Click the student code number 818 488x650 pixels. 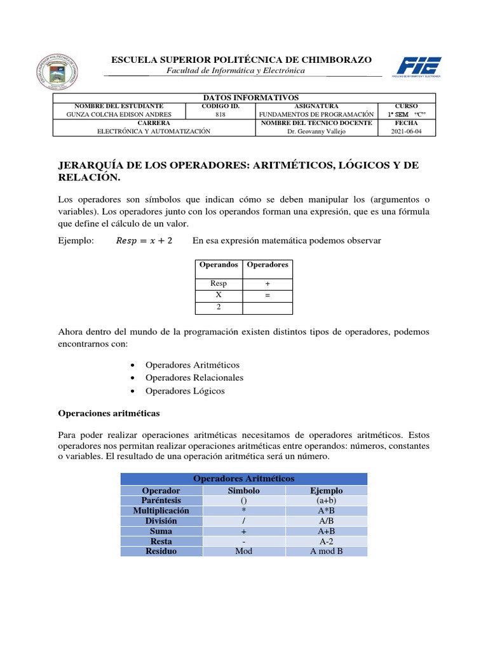pos(220,114)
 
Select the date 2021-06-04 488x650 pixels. pos(406,131)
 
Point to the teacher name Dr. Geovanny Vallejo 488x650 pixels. pos(317,131)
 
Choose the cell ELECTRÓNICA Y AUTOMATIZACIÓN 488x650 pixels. pos(153,131)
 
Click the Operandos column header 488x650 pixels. pos(219,264)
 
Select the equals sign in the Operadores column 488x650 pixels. pos(268,296)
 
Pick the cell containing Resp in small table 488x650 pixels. pos(219,284)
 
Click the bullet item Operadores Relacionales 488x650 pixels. pos(194,378)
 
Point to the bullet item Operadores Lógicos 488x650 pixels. pos(185,391)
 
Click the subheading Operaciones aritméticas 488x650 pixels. pos(109,413)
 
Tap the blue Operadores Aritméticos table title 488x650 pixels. pos(243,479)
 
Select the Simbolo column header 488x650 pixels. pos(243,491)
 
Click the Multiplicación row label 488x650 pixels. pos(161,511)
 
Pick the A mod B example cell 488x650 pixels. pos(326,551)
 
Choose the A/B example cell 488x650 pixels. pos(326,521)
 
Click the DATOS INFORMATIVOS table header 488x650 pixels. pos(245,97)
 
